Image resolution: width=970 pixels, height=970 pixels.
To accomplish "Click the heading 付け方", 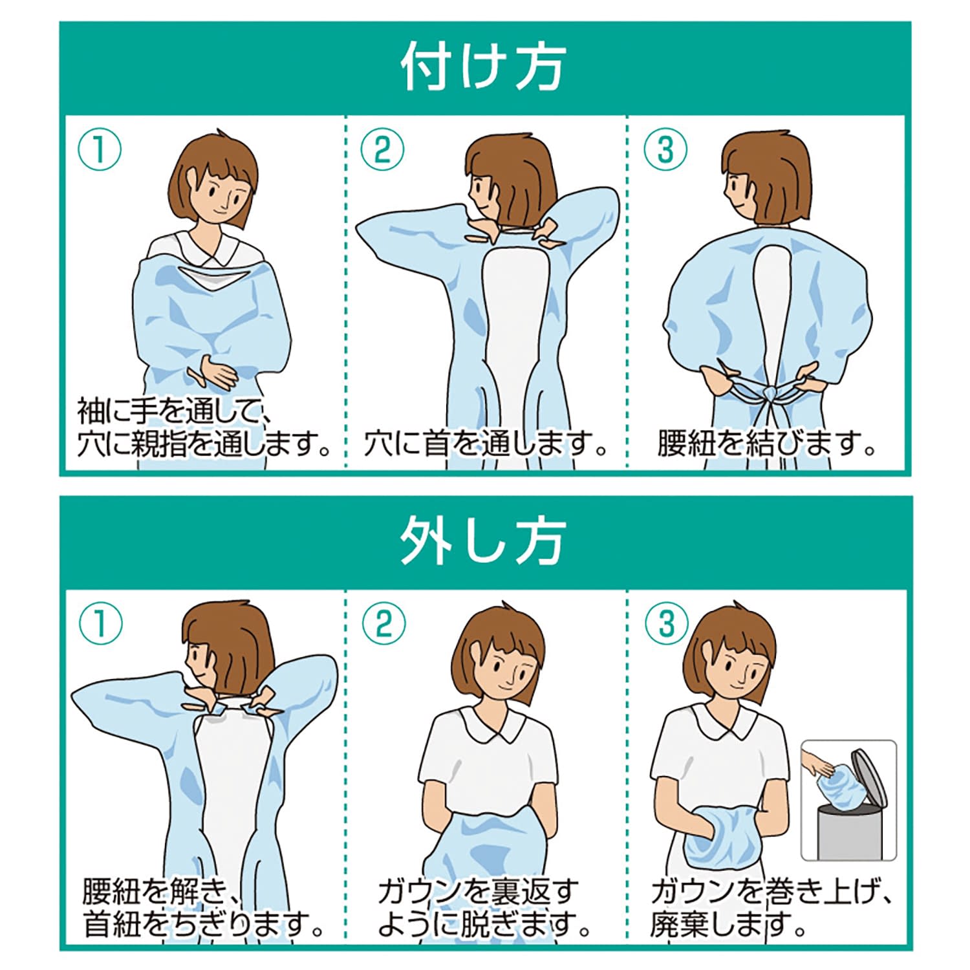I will (x=484, y=68).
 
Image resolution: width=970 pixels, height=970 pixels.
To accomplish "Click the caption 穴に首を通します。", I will (x=485, y=444).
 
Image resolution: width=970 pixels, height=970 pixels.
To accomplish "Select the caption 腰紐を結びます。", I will (x=766, y=444).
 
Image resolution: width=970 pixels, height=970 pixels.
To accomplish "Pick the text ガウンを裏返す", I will (x=479, y=892).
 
